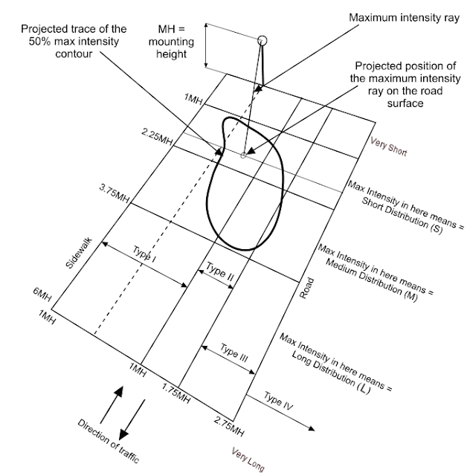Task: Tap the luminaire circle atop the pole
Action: tap(261, 39)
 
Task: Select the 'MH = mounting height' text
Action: tap(177, 42)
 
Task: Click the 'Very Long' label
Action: tap(247, 460)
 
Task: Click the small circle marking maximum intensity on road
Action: tap(243, 155)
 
